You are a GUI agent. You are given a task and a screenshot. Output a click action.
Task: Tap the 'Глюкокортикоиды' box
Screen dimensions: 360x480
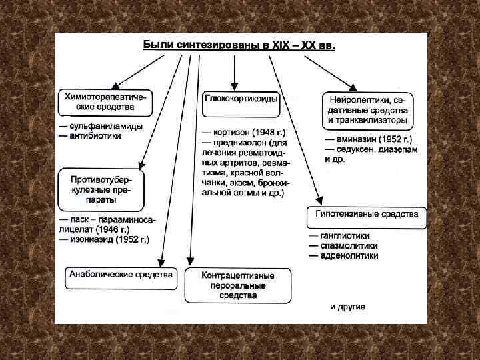(241, 99)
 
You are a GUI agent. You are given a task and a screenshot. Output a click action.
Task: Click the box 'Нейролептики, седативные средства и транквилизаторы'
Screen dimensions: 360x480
(368, 109)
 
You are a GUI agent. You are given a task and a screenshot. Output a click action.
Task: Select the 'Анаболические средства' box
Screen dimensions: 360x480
(122, 275)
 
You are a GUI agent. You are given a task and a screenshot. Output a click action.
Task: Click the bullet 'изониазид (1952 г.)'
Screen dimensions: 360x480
(108, 239)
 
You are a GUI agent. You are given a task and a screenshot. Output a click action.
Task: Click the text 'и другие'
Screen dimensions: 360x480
(348, 307)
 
